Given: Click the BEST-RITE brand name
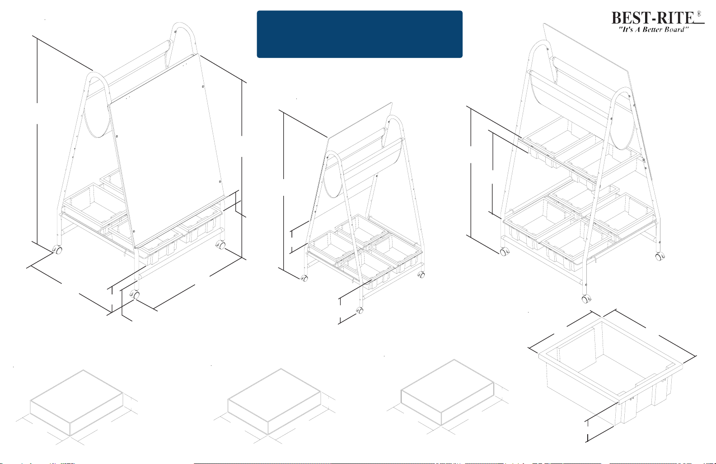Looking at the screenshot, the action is point(653,18).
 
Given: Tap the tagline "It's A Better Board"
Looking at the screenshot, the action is point(653,30).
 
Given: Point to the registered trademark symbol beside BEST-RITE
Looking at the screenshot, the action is point(699,14).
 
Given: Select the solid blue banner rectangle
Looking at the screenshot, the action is point(360,34).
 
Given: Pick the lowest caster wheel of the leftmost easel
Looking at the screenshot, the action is point(135,295).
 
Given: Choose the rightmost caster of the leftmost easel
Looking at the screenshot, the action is point(221,246).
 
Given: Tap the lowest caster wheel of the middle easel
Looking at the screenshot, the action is point(360,311).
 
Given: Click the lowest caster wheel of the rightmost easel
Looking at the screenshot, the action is point(585,299).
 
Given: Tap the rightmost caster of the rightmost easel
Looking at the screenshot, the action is point(660,256).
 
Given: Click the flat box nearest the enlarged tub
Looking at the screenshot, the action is point(448,392).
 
